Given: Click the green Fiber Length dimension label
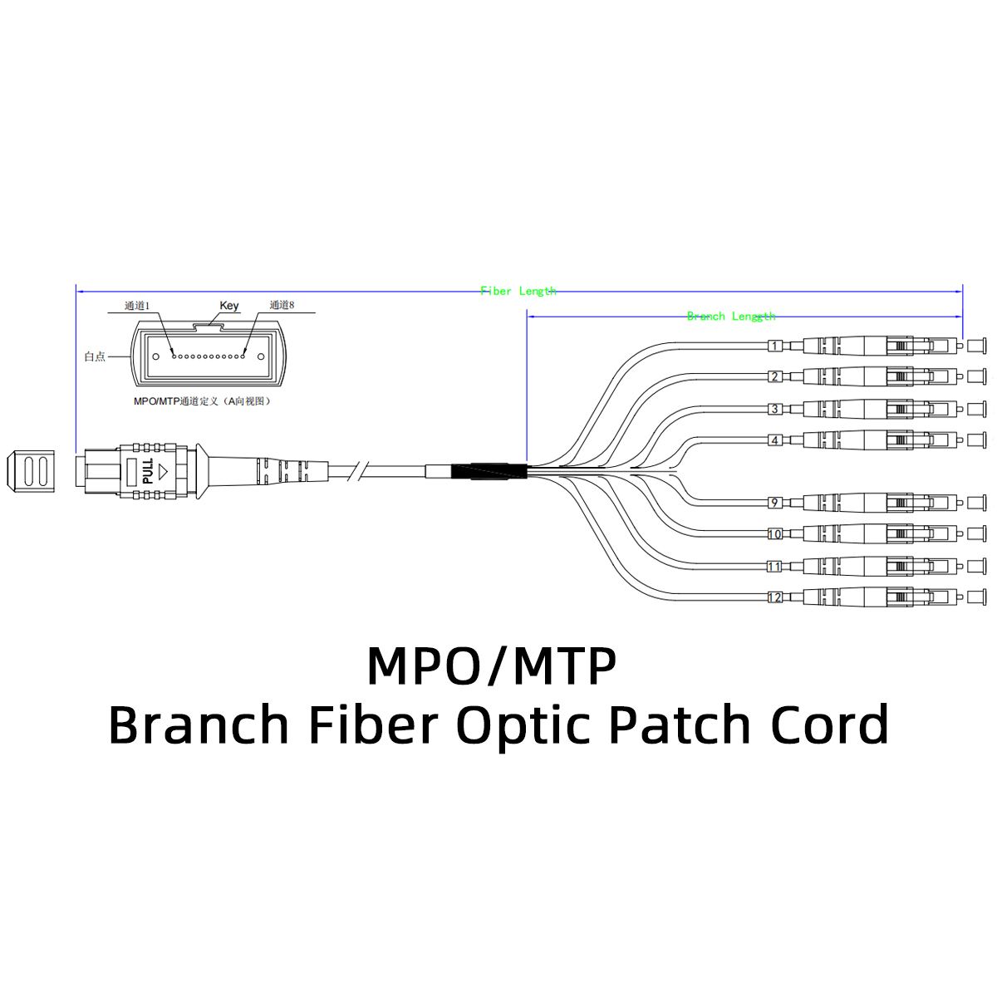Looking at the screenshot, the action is tap(518, 291).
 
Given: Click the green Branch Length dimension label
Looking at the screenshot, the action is tap(730, 316).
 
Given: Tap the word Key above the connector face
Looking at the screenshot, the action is tap(228, 305).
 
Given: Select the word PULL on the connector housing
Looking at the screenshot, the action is tap(148, 470).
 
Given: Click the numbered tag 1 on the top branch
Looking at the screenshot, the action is tap(774, 345).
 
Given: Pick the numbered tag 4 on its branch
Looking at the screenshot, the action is tap(774, 440).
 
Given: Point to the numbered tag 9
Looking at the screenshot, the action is tap(774, 503).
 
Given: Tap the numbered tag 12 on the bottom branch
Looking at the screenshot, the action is tap(774, 597).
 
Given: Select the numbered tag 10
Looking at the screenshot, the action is tap(774, 534).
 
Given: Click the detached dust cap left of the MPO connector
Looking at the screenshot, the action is tap(31, 471).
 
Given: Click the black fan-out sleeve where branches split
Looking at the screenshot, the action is tap(489, 471).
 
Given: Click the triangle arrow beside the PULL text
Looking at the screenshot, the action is tap(163, 471).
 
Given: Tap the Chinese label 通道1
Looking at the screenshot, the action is tap(136, 306).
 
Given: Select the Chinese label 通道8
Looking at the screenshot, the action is tap(282, 305).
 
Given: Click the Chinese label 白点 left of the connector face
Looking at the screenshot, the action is tap(95, 356).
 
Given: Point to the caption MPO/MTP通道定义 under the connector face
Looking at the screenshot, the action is tap(202, 401).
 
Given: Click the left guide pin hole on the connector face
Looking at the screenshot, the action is tap(155, 356).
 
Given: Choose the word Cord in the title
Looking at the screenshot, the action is tap(829, 724).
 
